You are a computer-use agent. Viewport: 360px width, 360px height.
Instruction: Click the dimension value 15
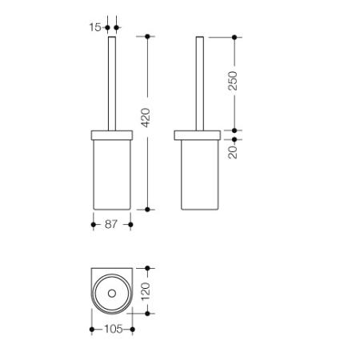[x=95, y=27]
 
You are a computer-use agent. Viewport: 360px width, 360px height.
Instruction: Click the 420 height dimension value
[x=146, y=118]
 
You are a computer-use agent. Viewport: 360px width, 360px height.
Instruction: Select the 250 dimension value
[x=233, y=81]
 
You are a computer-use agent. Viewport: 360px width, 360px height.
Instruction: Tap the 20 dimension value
[x=233, y=152]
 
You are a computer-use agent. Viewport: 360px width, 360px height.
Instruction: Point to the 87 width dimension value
[x=111, y=224]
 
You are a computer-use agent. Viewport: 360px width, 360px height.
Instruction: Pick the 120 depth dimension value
[x=146, y=291]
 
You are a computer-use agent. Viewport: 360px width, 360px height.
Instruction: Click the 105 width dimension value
[x=114, y=329]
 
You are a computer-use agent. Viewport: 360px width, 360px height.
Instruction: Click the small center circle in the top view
[x=112, y=294]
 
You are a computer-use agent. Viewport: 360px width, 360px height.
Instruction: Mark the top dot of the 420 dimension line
[x=147, y=36]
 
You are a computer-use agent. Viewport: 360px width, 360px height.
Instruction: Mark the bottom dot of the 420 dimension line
[x=147, y=210]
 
